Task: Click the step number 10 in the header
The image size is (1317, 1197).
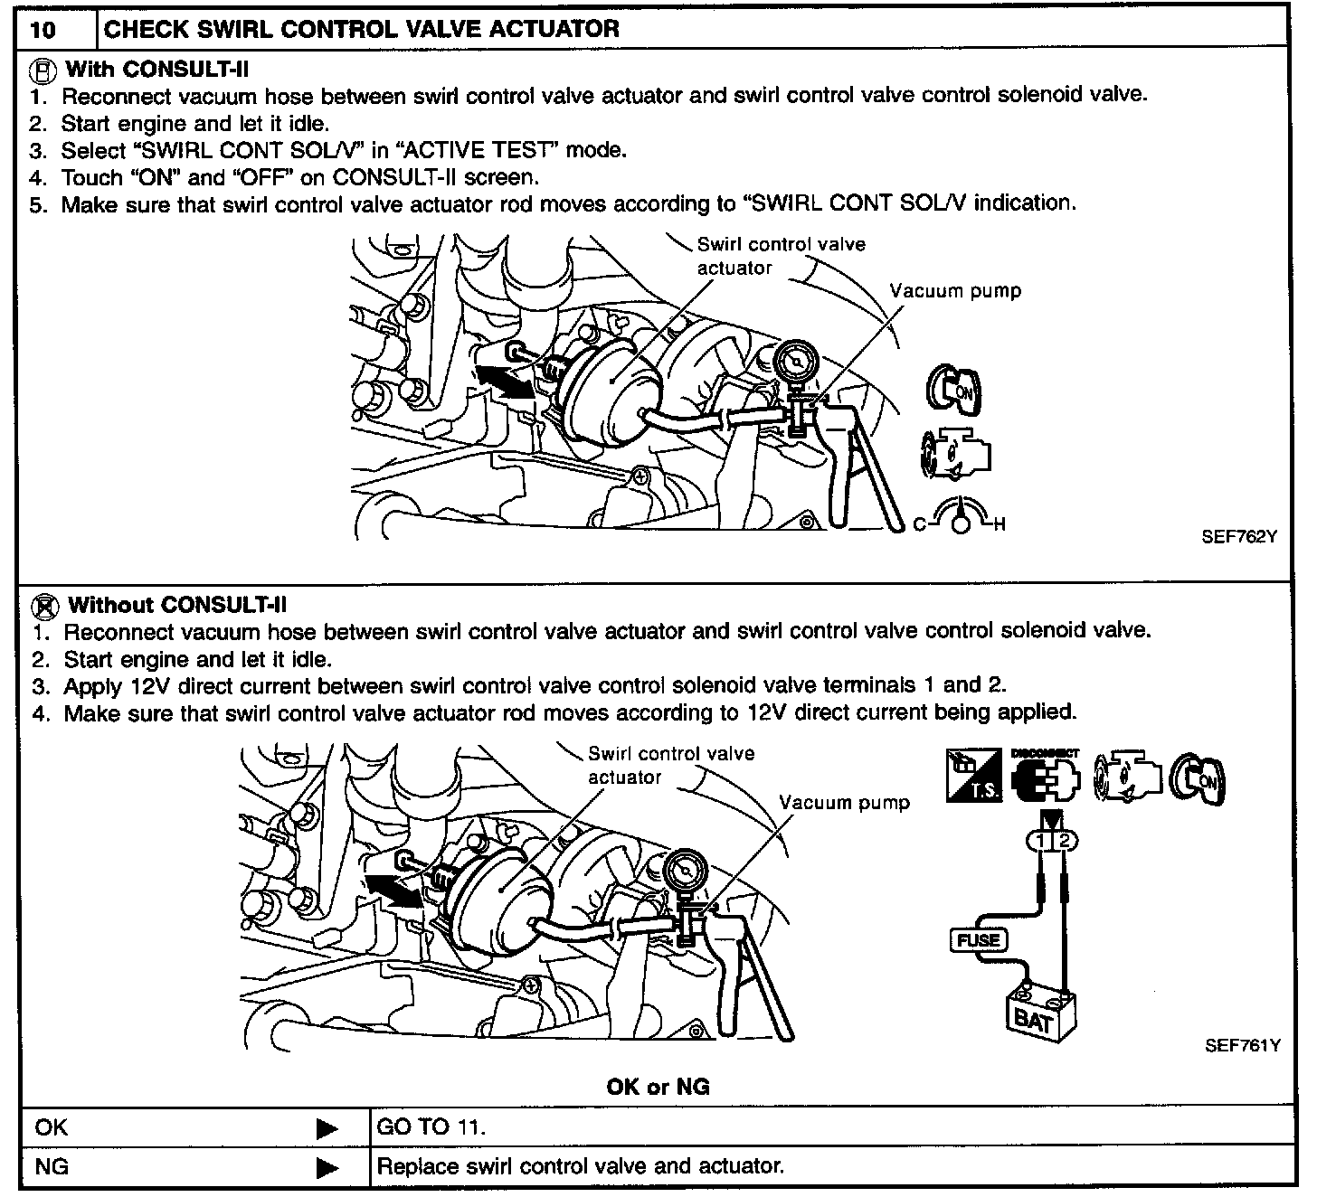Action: (43, 30)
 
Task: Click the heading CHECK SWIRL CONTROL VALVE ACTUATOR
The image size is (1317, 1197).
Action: (362, 29)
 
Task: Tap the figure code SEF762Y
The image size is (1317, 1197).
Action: (1238, 536)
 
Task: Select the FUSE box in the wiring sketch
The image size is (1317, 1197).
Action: (979, 940)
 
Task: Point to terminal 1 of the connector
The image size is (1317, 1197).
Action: (1041, 842)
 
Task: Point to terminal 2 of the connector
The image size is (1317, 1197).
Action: (1065, 842)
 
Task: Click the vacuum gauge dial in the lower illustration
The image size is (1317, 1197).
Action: (684, 872)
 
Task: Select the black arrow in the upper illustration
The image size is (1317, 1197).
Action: (503, 381)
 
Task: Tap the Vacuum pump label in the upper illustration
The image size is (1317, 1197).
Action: (955, 291)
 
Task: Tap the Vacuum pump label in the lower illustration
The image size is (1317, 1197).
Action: (844, 803)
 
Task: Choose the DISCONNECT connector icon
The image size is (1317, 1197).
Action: (1046, 777)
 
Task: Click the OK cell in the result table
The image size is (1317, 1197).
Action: (52, 1127)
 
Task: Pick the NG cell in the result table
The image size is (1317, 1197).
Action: (52, 1166)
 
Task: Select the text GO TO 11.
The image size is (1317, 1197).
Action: (431, 1127)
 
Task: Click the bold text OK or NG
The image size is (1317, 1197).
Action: (658, 1086)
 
